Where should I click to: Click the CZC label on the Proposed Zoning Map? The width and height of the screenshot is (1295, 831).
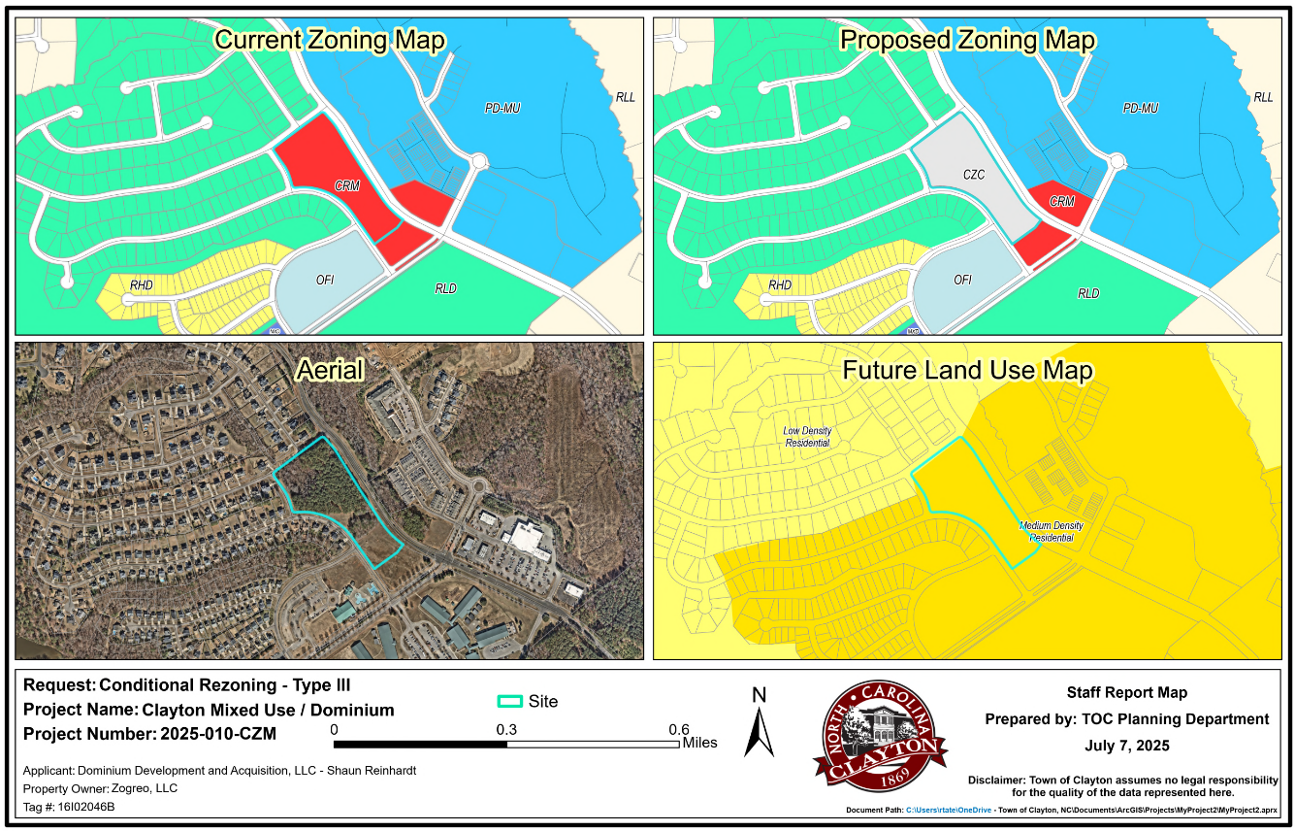click(x=974, y=175)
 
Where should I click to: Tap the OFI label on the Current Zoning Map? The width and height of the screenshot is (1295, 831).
click(x=325, y=281)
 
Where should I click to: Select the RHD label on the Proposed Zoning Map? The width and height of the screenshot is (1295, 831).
click(x=780, y=285)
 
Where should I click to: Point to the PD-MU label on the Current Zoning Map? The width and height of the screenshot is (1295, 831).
click(x=502, y=109)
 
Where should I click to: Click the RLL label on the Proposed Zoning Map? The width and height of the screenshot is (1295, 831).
click(x=1263, y=98)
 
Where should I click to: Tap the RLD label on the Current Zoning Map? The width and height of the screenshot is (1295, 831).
click(x=445, y=289)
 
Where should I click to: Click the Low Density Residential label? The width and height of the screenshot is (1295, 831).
click(x=807, y=437)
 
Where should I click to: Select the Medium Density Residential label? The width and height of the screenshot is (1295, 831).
click(x=1052, y=531)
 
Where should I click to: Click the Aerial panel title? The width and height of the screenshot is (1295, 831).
click(x=330, y=370)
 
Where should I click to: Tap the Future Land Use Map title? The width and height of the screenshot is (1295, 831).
click(x=967, y=371)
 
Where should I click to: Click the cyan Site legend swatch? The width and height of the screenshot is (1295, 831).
click(x=509, y=702)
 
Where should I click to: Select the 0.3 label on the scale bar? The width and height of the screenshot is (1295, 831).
click(x=506, y=730)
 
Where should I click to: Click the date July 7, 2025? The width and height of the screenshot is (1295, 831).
click(x=1126, y=746)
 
